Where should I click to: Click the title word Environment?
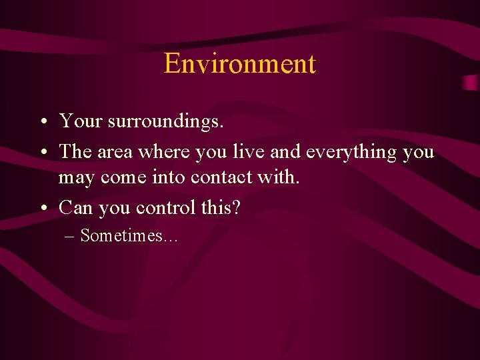tap(239, 64)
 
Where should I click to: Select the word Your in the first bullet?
tap(80, 121)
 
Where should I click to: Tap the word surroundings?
tap(165, 122)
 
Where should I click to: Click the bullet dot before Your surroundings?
tap(42, 122)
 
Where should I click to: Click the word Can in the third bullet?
tap(76, 208)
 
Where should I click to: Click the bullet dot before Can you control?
tap(42, 209)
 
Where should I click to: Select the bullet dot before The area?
tap(42, 153)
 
